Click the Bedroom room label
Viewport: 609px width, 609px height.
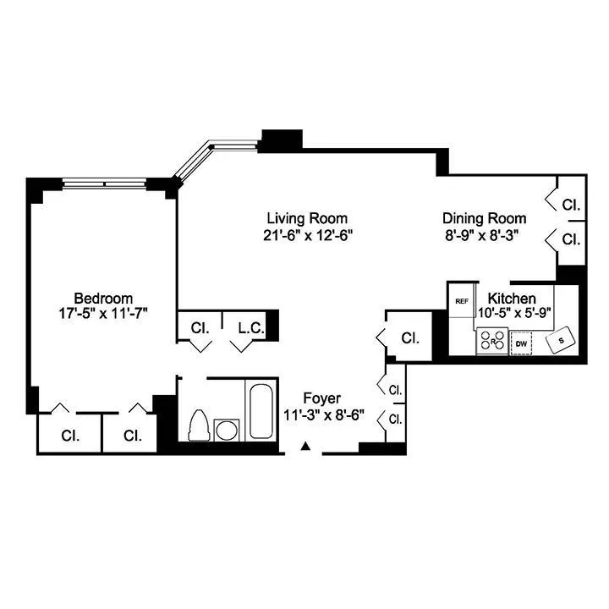click(x=103, y=298)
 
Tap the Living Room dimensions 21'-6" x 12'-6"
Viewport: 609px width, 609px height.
click(x=306, y=234)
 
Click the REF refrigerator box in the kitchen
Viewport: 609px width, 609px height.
click(x=462, y=301)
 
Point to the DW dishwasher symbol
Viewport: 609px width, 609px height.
click(x=522, y=343)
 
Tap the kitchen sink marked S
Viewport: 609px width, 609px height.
click(x=562, y=341)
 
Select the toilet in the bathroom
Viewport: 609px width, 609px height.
click(x=200, y=425)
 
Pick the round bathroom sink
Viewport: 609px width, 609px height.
click(x=227, y=430)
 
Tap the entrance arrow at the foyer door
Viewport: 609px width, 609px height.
click(x=307, y=445)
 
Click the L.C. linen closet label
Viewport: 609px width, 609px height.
click(x=251, y=328)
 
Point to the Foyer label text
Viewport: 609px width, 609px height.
click(x=322, y=398)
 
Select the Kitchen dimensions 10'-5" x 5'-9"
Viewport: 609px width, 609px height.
click(x=513, y=312)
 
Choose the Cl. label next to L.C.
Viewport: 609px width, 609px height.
click(x=200, y=328)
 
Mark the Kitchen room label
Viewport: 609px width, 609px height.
click(x=511, y=298)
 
